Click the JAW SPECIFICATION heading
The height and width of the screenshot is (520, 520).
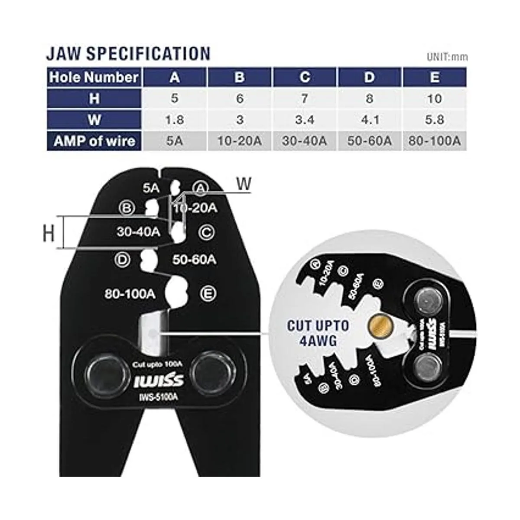click(128, 53)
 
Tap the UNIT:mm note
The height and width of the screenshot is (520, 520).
click(447, 57)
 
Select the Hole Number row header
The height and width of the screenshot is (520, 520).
click(94, 78)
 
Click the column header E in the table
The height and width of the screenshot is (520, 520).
click(435, 78)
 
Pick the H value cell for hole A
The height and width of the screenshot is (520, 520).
click(174, 98)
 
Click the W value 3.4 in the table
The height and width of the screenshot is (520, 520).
click(305, 120)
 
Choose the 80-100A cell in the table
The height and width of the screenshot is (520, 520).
click(435, 141)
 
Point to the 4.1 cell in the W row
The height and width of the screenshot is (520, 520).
click(369, 120)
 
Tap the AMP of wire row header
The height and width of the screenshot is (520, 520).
click(94, 141)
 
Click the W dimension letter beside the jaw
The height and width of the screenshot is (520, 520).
click(244, 184)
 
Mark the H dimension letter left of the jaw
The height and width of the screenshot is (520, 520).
click(49, 234)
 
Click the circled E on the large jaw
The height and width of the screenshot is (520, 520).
click(208, 293)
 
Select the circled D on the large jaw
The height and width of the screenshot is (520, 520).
click(123, 259)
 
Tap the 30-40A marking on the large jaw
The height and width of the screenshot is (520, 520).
click(138, 231)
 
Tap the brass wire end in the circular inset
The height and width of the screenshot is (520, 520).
click(375, 323)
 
